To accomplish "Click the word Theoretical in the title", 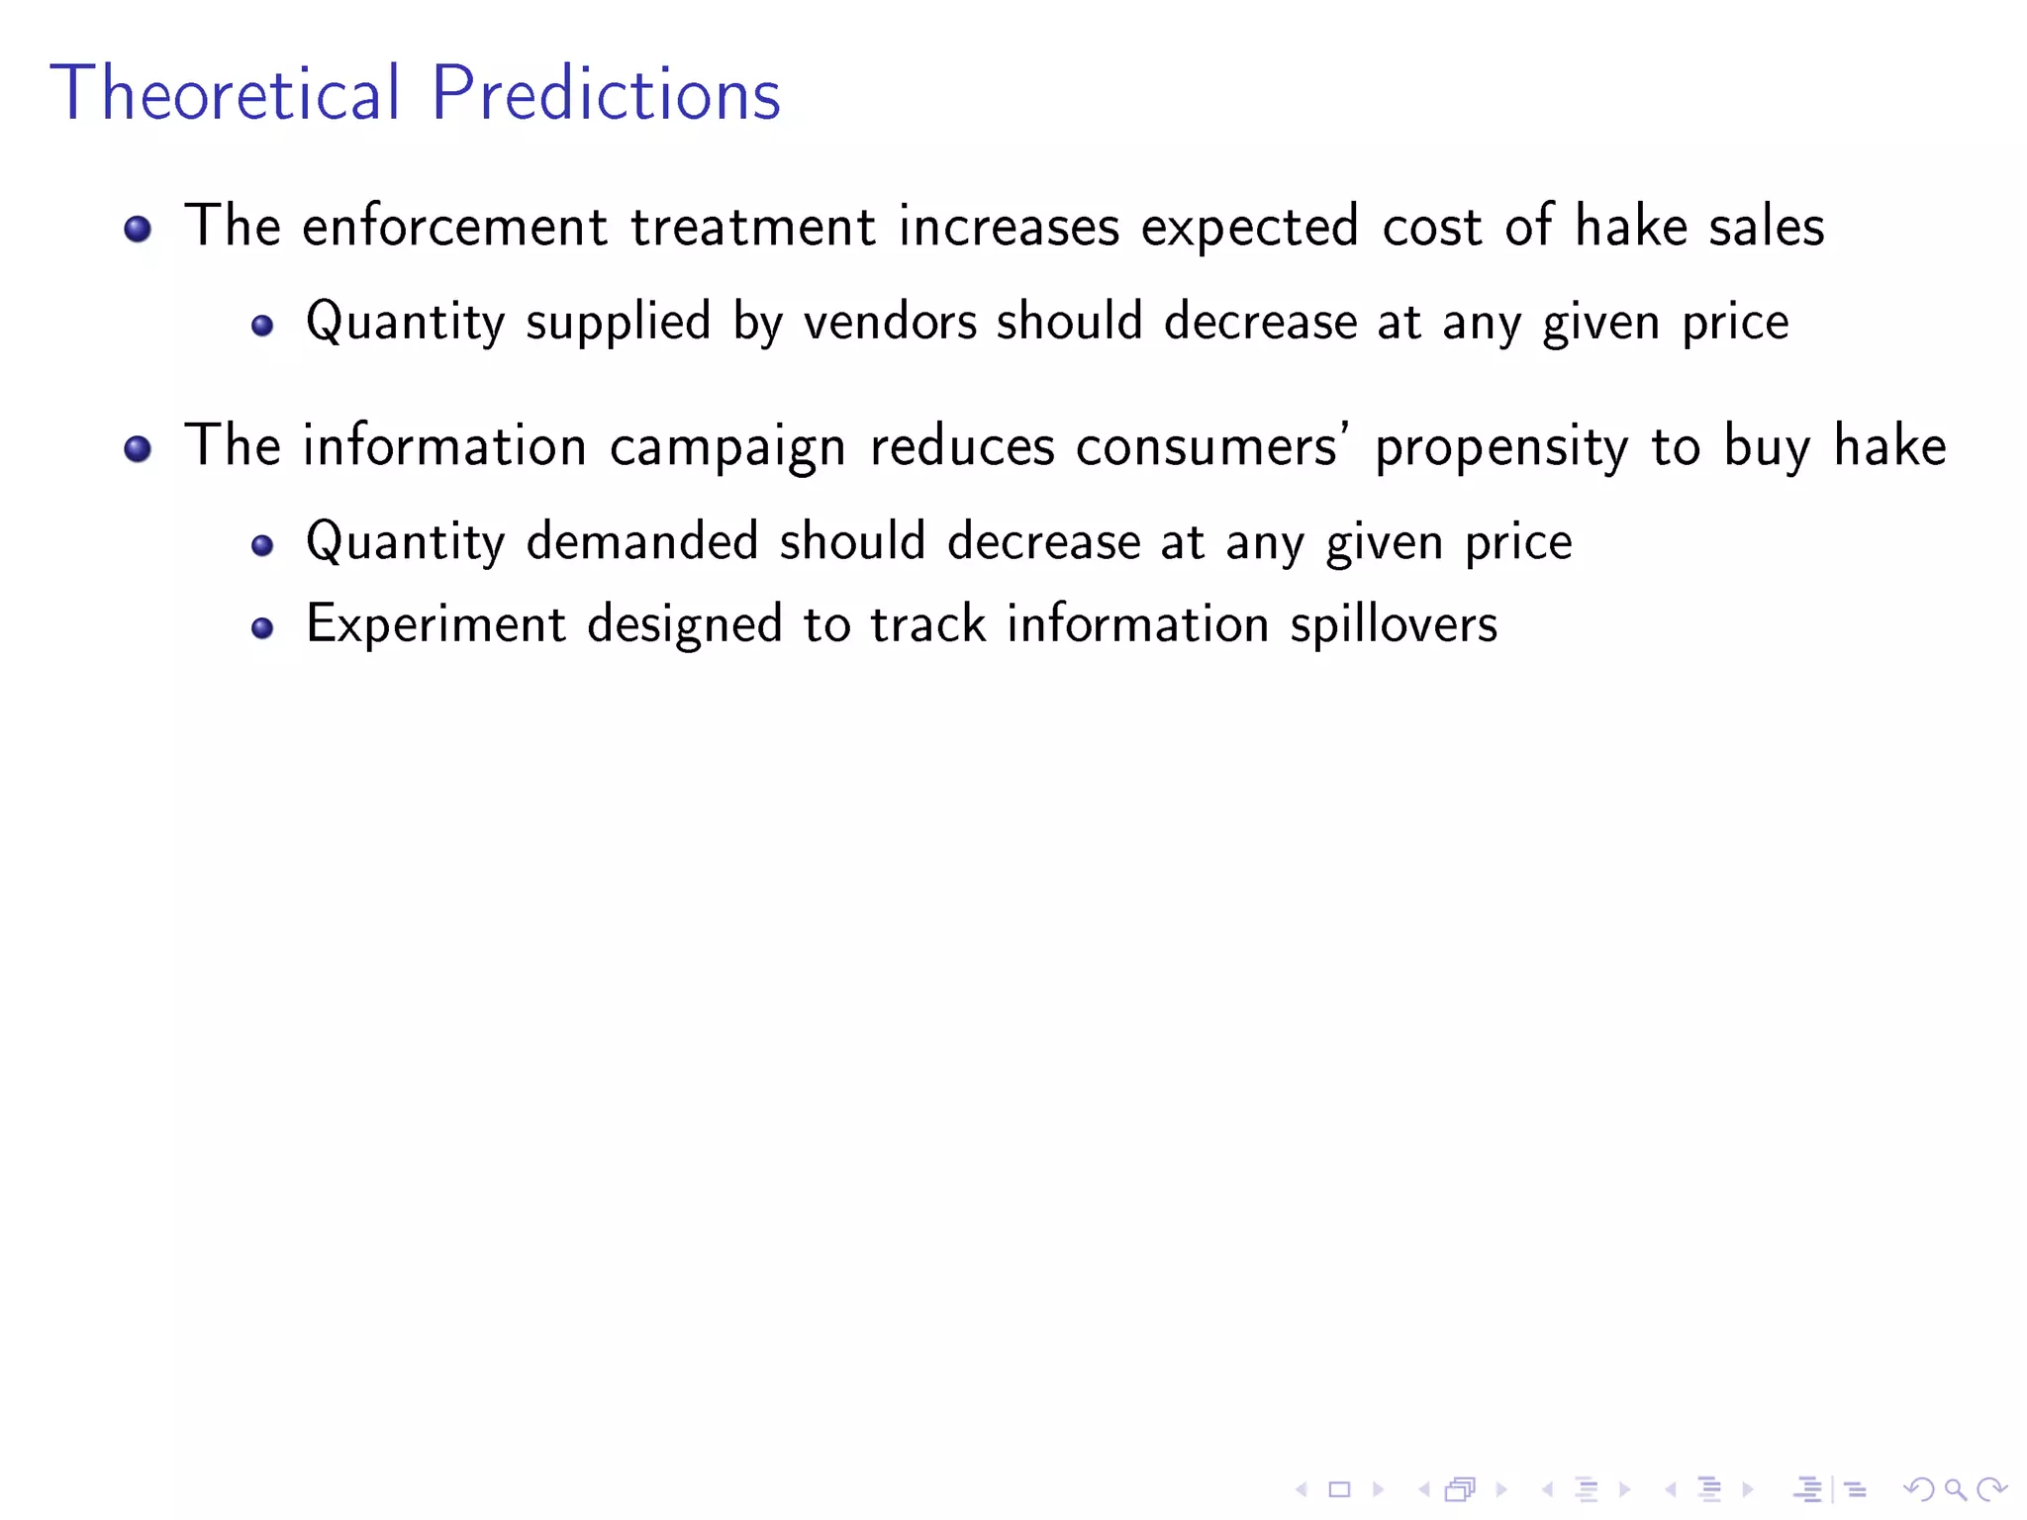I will click(226, 93).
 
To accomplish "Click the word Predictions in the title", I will click(606, 93).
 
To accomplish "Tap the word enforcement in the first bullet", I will click(454, 227).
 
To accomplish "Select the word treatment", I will click(753, 227).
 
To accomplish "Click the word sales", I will click(1766, 227).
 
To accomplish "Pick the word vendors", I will click(890, 323).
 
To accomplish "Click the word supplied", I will click(618, 323).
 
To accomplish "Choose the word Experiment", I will click(435, 625).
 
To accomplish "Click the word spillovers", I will click(1394, 625).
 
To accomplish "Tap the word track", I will click(928, 625).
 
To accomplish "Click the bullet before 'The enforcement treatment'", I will click(138, 230).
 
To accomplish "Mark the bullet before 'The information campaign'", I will click(138, 449).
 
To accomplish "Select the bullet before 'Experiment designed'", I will click(261, 627).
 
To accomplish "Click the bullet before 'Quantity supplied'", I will click(261, 325).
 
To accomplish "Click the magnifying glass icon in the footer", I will click(1955, 1489).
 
